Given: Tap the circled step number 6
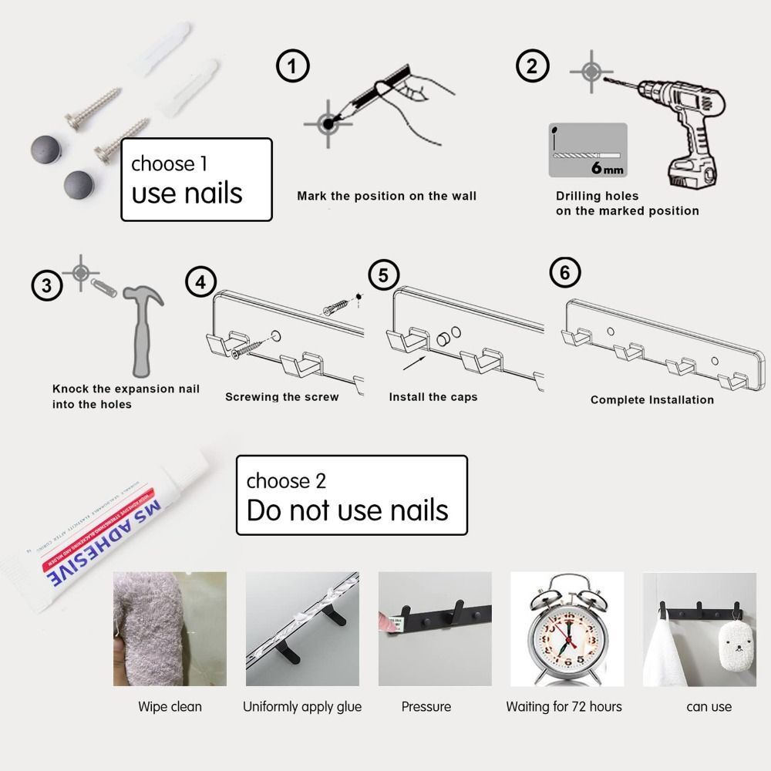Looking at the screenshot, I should click(x=564, y=274).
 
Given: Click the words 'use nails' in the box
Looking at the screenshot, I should click(x=187, y=193).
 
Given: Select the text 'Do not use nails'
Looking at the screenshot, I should click(x=347, y=510).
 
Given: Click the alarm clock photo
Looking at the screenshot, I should click(x=566, y=629).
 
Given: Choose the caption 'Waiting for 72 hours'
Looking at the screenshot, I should click(x=564, y=706).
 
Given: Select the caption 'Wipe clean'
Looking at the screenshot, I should click(x=170, y=706).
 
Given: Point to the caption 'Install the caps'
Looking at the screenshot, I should click(x=433, y=397).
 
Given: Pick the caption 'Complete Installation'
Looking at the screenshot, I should click(x=651, y=399).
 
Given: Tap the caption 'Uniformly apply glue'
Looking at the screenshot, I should click(x=302, y=706).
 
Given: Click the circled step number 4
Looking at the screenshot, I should click(x=200, y=282).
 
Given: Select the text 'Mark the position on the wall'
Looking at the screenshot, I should click(x=386, y=196).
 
